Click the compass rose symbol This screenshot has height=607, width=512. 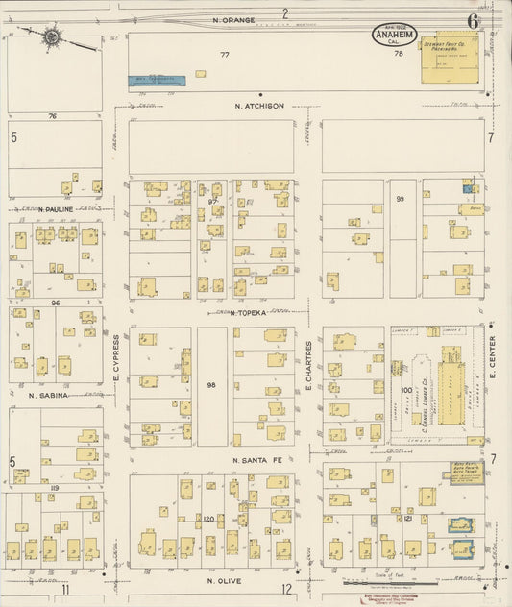tap(52, 37)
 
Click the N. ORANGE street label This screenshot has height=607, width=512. tap(234, 19)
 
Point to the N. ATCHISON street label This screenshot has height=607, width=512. tap(257, 107)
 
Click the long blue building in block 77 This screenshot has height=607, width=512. tap(157, 82)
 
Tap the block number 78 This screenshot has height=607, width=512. tap(398, 55)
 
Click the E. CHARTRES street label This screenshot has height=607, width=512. tap(308, 365)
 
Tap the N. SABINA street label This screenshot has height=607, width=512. tap(51, 395)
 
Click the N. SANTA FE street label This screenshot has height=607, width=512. tap(260, 461)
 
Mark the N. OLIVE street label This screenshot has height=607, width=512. tap(222, 581)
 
